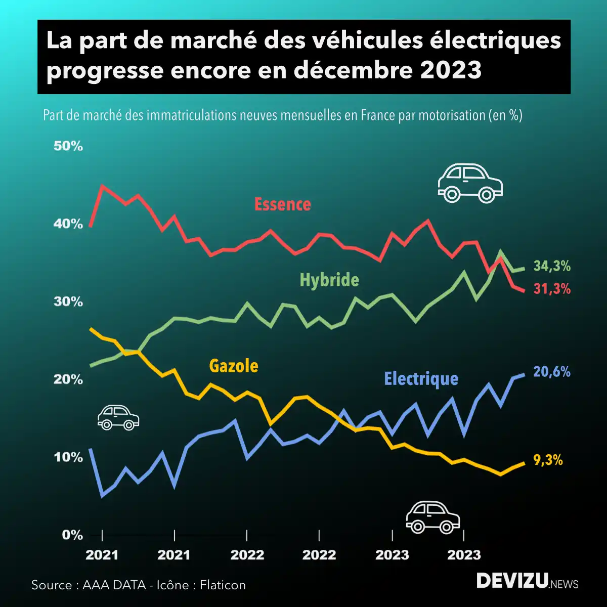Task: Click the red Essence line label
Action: coord(282,204)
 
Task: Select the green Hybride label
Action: coord(329,280)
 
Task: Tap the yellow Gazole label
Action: coord(234,365)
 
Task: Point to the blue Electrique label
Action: coord(421,378)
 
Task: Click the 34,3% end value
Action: coord(552,266)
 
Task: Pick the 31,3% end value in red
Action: coord(552,289)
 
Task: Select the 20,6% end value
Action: coord(552,372)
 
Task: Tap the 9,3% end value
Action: coord(548,460)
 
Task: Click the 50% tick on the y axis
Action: coord(68,147)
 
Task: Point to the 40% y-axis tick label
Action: coord(68,224)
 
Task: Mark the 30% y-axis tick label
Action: coord(68,302)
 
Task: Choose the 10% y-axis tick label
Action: coord(68,457)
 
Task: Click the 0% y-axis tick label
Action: coord(72,535)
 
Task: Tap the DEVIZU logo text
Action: coord(512,581)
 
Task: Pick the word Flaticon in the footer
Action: coord(223,585)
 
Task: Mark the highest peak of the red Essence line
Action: coord(103,186)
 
